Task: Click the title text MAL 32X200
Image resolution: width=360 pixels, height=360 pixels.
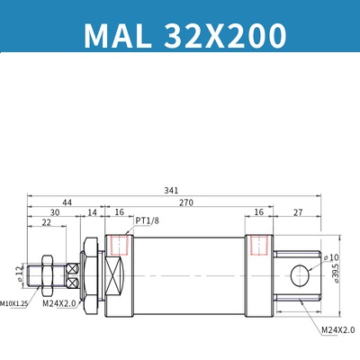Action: pyautogui.click(x=184, y=34)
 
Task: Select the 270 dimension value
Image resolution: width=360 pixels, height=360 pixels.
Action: pyautogui.click(x=186, y=203)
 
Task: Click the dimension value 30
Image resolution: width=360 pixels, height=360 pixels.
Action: pyautogui.click(x=56, y=212)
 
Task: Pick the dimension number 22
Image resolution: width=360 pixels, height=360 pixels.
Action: pyautogui.click(x=45, y=223)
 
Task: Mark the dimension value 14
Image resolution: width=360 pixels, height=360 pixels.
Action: pyautogui.click(x=92, y=212)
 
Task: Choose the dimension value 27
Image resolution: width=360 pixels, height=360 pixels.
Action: pyautogui.click(x=297, y=212)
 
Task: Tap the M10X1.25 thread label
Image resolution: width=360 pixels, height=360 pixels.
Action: pyautogui.click(x=15, y=303)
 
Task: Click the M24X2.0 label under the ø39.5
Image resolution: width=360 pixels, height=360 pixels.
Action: pyautogui.click(x=338, y=330)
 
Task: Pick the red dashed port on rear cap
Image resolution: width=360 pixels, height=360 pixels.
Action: pyautogui.click(x=259, y=244)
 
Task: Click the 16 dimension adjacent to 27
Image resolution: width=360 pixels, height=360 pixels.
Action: pyautogui.click(x=258, y=212)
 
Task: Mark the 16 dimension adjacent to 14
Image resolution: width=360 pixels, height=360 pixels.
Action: pyautogui.click(x=119, y=212)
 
